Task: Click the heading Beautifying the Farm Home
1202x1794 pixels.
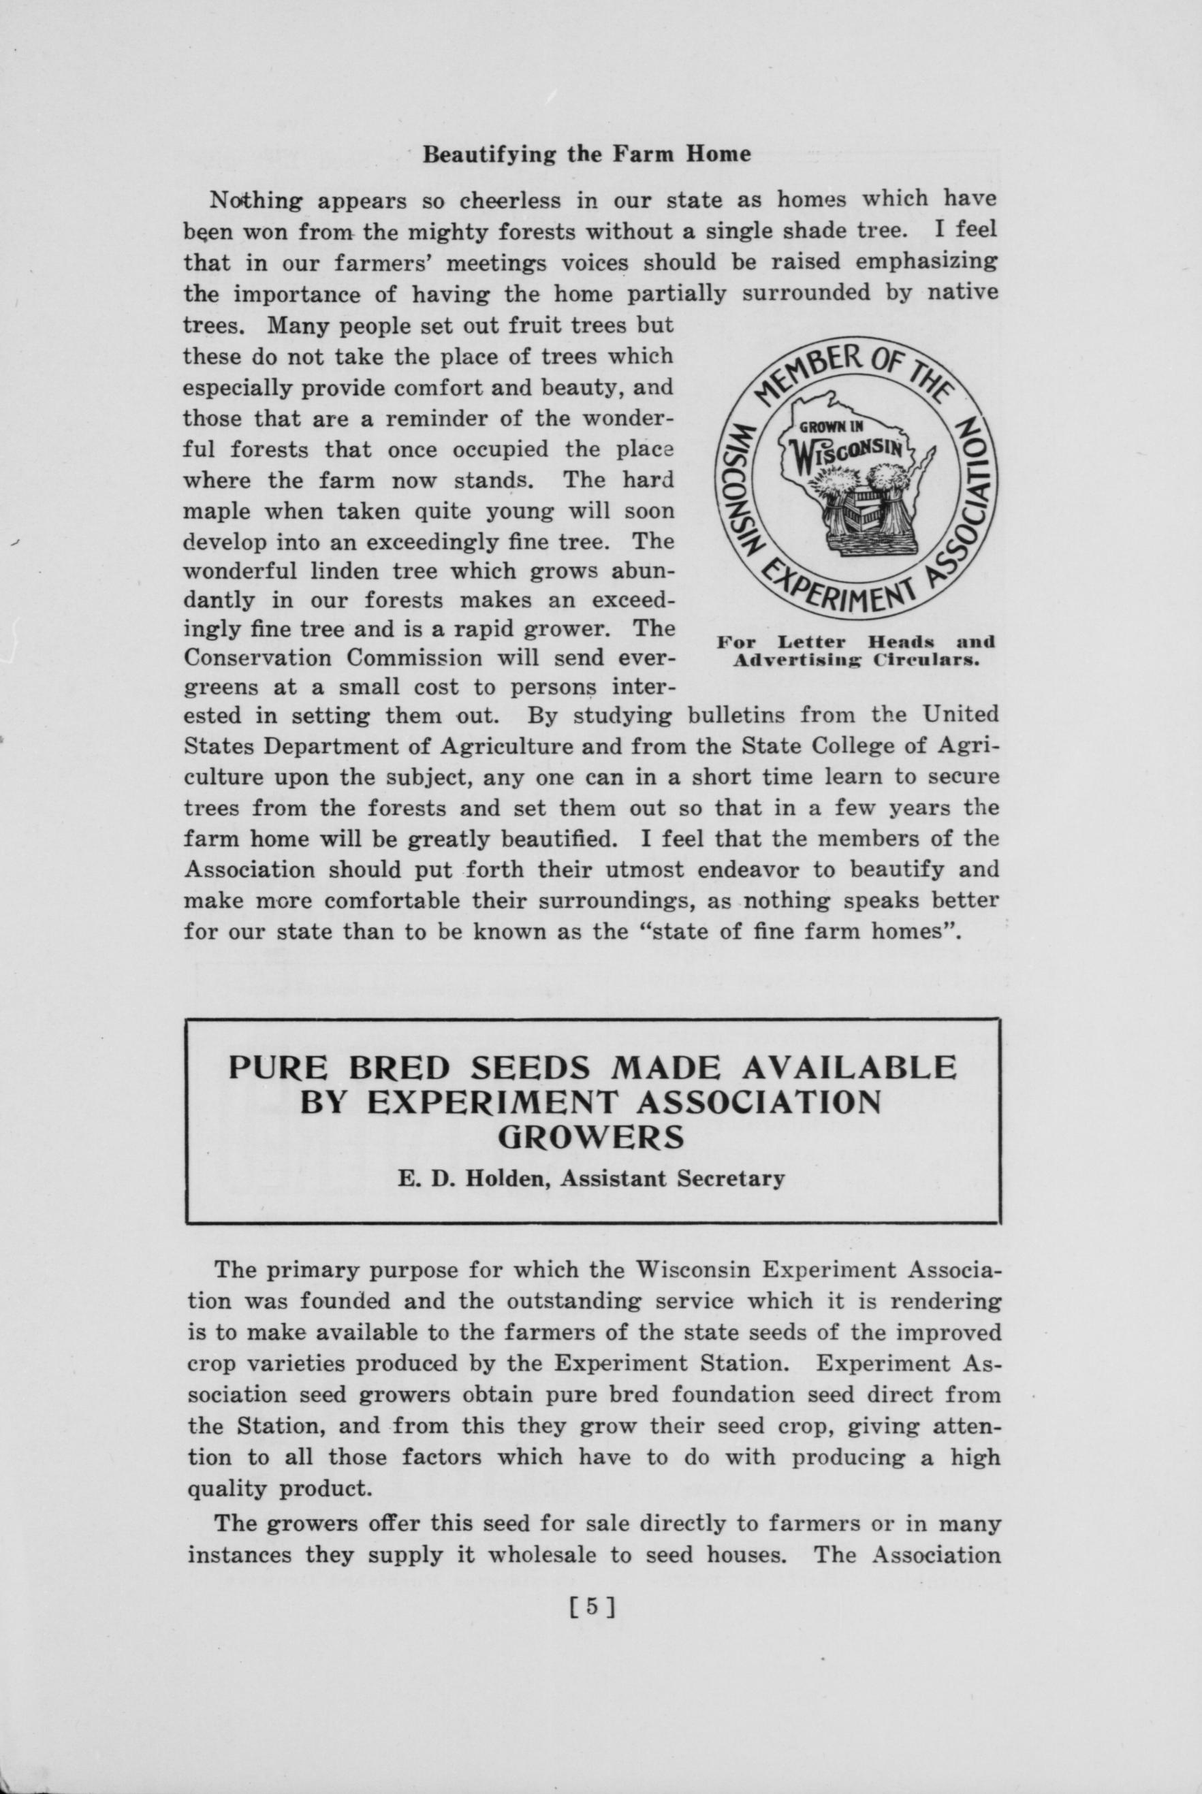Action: click(586, 155)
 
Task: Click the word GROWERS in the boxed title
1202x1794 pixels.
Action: click(590, 1137)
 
